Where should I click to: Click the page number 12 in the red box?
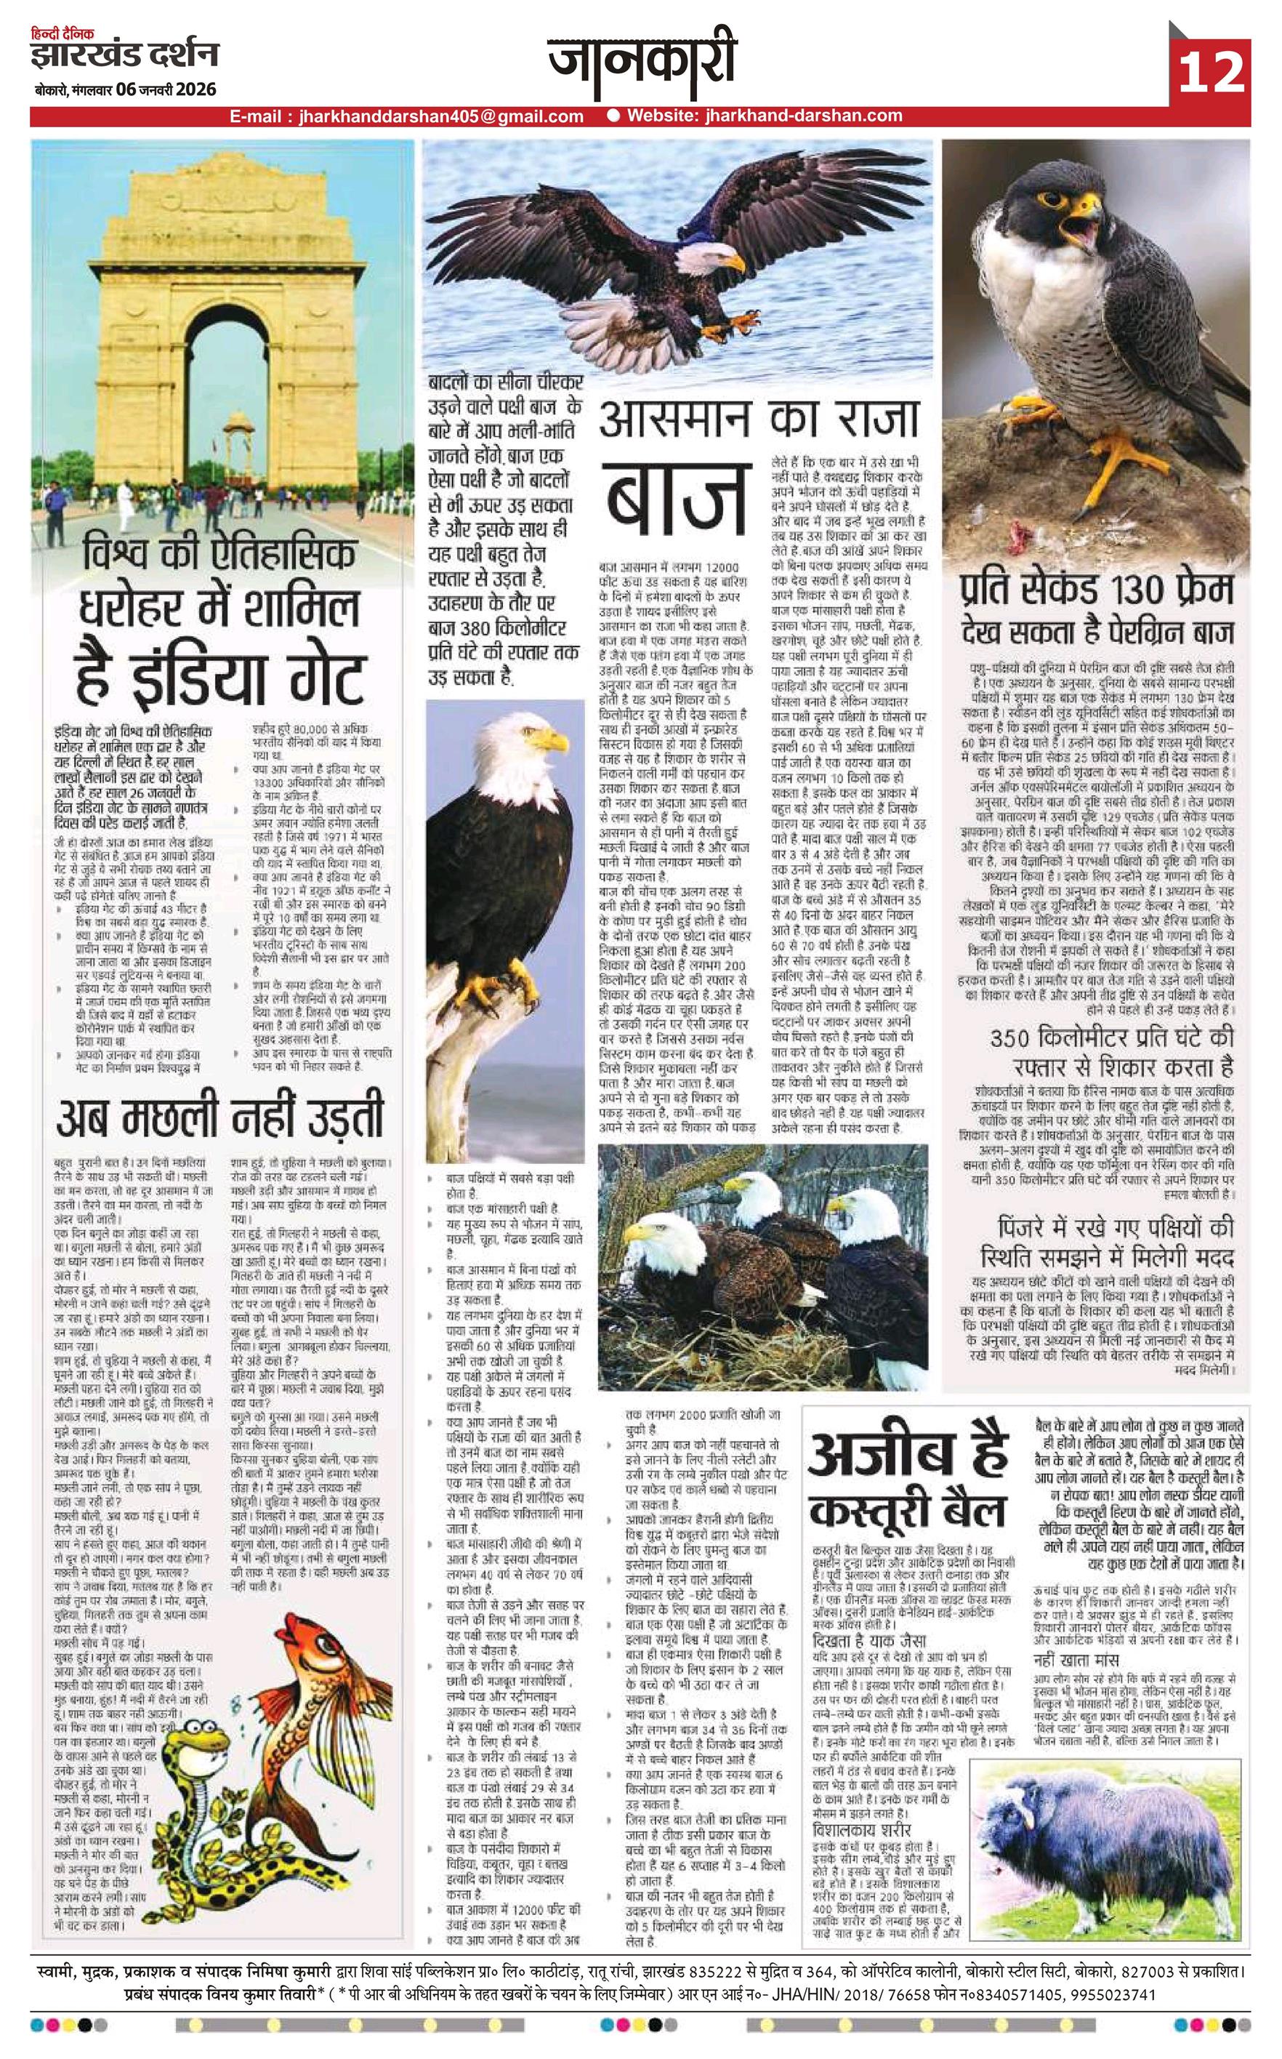pyautogui.click(x=1209, y=73)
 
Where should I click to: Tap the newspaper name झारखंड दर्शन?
pyautogui.click(x=125, y=57)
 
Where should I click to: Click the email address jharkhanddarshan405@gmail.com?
pyautogui.click(x=441, y=116)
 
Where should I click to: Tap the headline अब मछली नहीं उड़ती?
pyautogui.click(x=219, y=1117)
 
